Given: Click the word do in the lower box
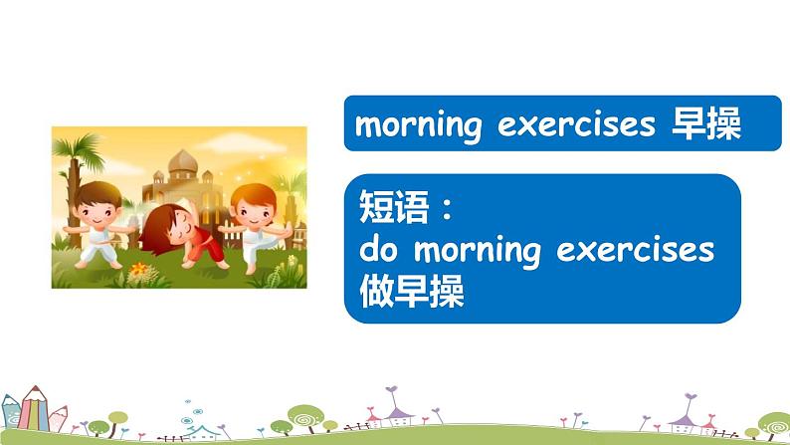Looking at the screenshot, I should pos(378,249).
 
